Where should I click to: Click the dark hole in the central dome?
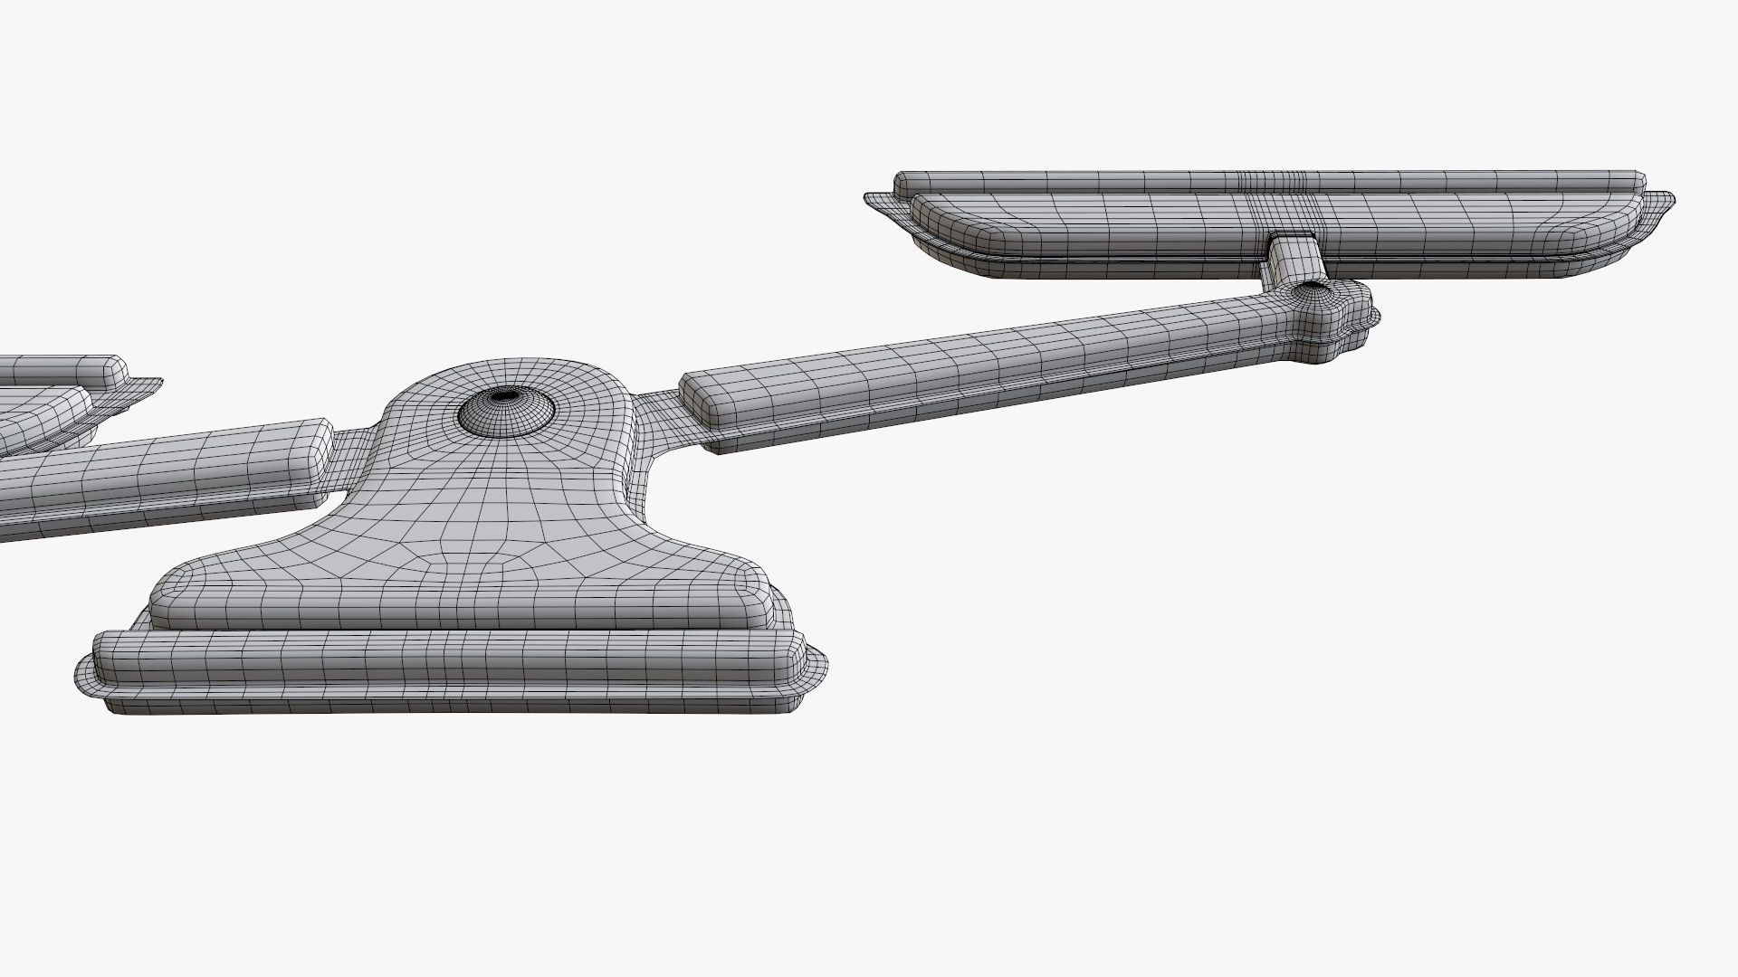[x=504, y=395]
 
